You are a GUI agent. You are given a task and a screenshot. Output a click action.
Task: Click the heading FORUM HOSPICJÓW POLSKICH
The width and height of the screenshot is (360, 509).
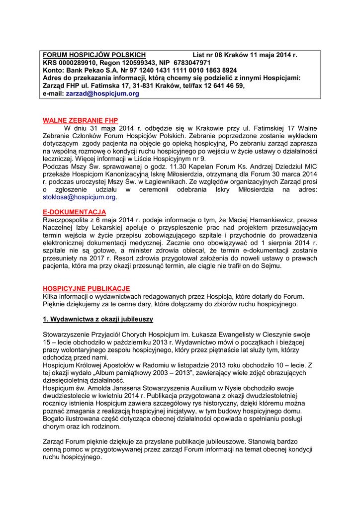[x=94, y=55]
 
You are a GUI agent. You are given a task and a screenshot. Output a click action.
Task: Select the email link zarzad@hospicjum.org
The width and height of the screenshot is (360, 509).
[x=102, y=93]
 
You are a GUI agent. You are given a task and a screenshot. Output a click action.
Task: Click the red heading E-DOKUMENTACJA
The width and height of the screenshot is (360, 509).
[x=74, y=212]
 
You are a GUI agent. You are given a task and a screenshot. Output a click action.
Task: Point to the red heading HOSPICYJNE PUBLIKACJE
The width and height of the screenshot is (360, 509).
[x=86, y=289]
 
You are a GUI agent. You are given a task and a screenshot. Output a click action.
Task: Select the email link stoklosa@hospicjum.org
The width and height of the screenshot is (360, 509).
[x=80, y=197]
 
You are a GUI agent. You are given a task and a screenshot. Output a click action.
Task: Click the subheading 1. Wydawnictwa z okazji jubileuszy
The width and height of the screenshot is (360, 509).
[x=98, y=319]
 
